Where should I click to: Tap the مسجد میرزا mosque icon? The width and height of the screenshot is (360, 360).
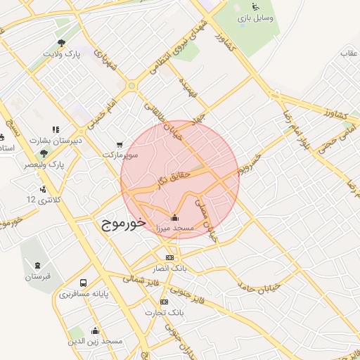(174, 217)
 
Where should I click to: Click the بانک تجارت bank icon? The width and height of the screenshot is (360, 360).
(165, 302)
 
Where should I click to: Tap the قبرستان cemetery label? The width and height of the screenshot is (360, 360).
(39, 276)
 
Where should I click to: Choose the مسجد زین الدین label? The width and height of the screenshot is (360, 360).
(101, 341)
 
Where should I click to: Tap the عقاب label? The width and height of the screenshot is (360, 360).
(349, 53)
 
